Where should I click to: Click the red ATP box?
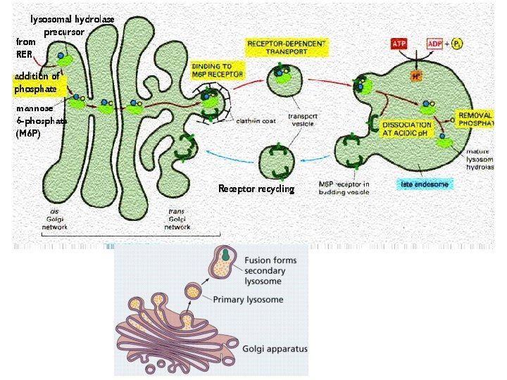coord(399,44)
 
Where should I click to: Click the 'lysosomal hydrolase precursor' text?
coord(72,25)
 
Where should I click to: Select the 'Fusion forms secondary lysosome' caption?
coord(271,270)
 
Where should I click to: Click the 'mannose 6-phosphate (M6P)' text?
coord(41,120)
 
